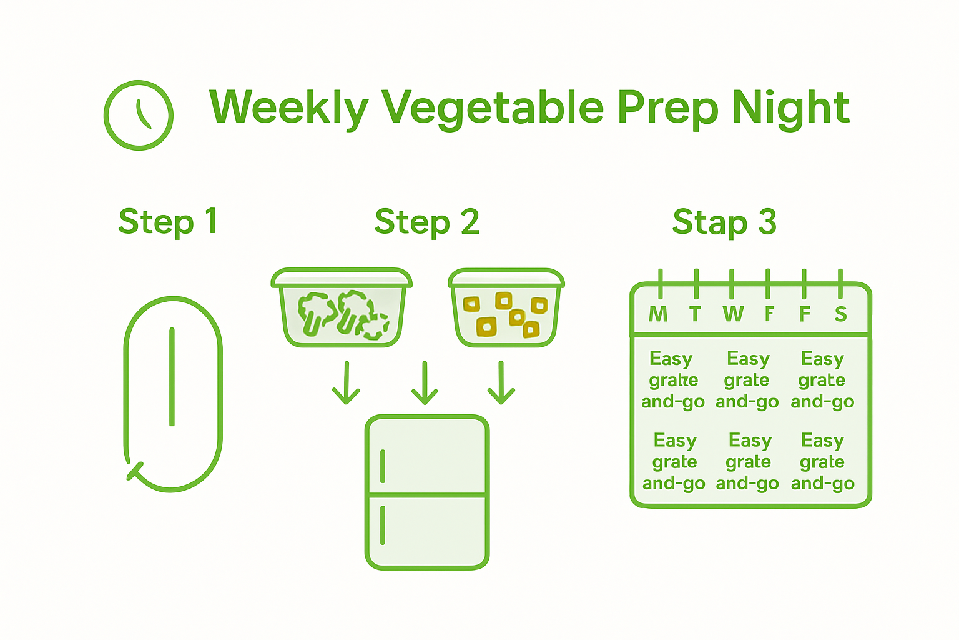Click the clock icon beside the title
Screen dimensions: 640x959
pos(138,115)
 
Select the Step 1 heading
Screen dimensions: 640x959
pos(167,222)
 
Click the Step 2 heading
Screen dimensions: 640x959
pos(427,222)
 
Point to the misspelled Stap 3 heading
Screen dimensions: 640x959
pos(724,222)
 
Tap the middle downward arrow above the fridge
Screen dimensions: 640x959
pos(425,382)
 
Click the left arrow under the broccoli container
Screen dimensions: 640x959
pos(346,382)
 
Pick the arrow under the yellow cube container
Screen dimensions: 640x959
pos(501,382)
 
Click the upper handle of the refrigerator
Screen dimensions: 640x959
pos(383,466)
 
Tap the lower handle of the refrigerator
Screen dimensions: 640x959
pos(383,525)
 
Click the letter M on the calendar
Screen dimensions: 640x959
pos(658,314)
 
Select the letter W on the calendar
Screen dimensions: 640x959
pos(733,314)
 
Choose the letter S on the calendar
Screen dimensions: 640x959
pos(841,314)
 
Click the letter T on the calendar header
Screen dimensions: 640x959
pos(695,314)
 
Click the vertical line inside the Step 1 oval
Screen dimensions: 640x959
pos(172,377)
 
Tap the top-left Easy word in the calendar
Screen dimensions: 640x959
pos(671,359)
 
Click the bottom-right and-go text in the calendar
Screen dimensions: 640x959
pos(822,484)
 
